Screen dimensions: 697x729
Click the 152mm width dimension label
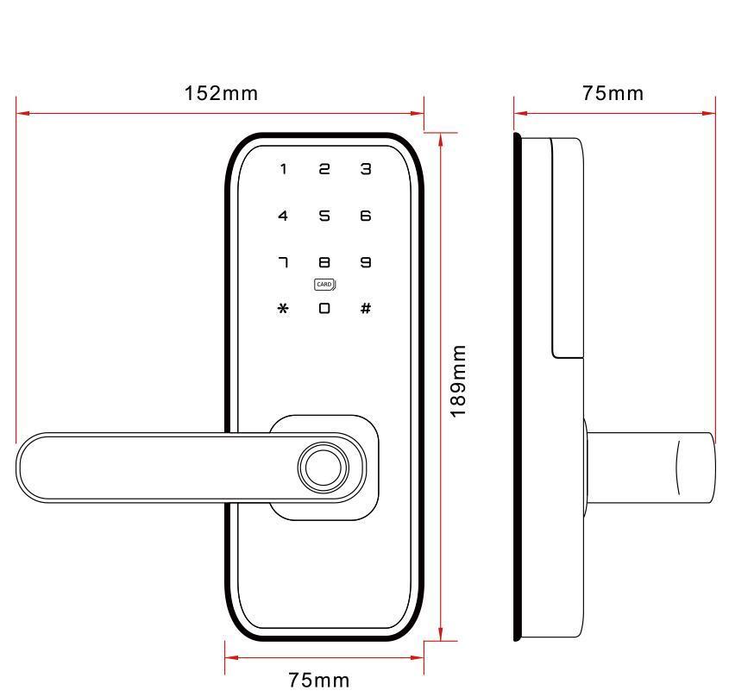(221, 93)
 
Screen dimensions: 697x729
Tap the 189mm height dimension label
(459, 380)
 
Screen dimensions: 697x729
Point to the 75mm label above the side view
(613, 93)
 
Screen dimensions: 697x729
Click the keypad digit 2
(324, 169)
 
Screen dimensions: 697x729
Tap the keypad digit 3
(366, 169)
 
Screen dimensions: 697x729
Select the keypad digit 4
(283, 216)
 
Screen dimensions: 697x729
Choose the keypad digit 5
(324, 216)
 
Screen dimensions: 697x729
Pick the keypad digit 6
(366, 216)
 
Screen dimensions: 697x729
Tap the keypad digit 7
(283, 262)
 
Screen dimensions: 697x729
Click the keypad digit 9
(366, 262)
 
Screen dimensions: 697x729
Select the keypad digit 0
(324, 308)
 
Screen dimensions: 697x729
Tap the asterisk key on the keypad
(283, 308)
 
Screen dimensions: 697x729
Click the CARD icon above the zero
(324, 285)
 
